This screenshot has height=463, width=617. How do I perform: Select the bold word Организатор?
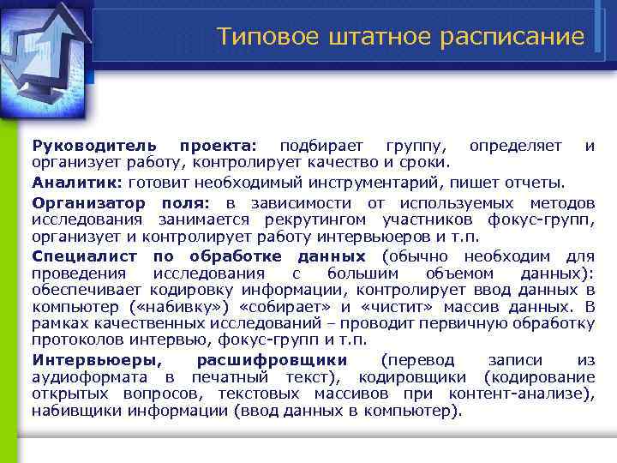(92, 202)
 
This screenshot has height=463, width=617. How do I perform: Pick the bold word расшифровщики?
(272, 359)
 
